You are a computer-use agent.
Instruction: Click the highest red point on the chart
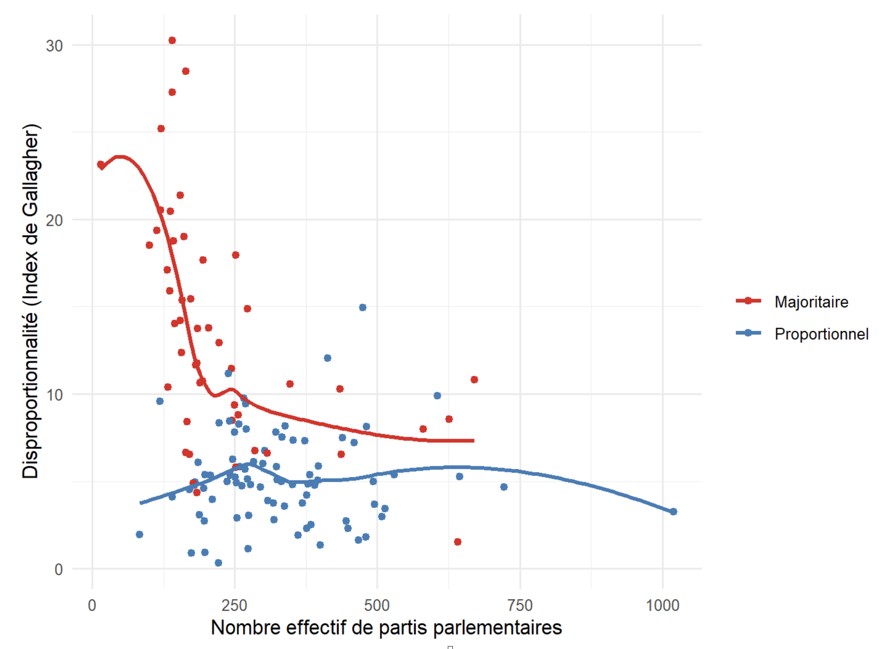coord(172,40)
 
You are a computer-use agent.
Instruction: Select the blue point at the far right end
coord(673,511)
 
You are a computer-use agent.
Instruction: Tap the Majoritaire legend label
coord(811,302)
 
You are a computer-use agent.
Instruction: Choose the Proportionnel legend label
coord(821,334)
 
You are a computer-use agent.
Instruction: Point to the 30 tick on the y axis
coord(54,45)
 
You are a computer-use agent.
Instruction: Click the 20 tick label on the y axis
coord(54,220)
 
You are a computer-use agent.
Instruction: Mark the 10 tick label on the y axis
coord(54,395)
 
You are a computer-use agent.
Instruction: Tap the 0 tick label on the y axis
coord(58,569)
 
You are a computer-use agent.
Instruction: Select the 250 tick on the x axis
coord(234,605)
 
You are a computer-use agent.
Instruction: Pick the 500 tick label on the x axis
coord(377,605)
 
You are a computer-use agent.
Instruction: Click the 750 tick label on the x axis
coord(520,605)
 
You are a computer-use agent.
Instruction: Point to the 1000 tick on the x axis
coord(662,605)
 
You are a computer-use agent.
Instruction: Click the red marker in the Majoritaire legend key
coord(748,301)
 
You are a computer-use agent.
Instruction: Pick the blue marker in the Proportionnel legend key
coord(748,333)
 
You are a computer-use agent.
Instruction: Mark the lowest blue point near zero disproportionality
coord(218,563)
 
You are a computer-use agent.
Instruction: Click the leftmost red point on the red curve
coord(100,165)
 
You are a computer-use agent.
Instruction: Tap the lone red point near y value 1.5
coord(457,542)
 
